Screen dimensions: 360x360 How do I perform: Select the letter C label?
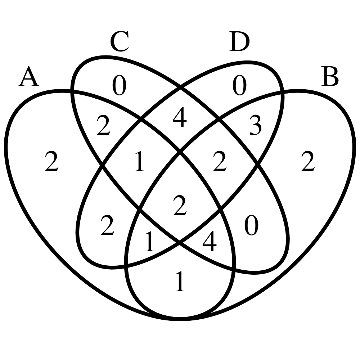(120, 41)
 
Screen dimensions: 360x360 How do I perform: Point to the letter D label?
(239, 41)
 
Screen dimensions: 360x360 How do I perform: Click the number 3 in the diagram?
(255, 126)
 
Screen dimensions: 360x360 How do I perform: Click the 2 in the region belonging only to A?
(51, 161)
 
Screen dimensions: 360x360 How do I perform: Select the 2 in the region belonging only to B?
(308, 161)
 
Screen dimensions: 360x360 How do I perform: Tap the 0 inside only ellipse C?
(119, 85)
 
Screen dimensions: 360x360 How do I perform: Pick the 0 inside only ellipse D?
(239, 85)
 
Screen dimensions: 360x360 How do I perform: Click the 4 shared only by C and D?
(180, 117)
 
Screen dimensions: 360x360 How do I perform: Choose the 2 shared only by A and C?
(104, 125)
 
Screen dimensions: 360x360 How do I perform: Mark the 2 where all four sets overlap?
(180, 206)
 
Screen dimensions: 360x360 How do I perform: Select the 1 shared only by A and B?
(180, 282)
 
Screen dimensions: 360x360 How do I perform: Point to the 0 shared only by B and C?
(251, 225)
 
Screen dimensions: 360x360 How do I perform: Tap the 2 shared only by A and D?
(107, 225)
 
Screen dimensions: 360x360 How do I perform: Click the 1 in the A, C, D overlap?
(140, 161)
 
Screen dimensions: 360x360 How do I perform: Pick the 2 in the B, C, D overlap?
(220, 161)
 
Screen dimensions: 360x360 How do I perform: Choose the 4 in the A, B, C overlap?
(210, 241)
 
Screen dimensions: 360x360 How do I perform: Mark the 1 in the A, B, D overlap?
(150, 241)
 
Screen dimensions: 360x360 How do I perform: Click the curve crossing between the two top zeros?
(180, 87)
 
